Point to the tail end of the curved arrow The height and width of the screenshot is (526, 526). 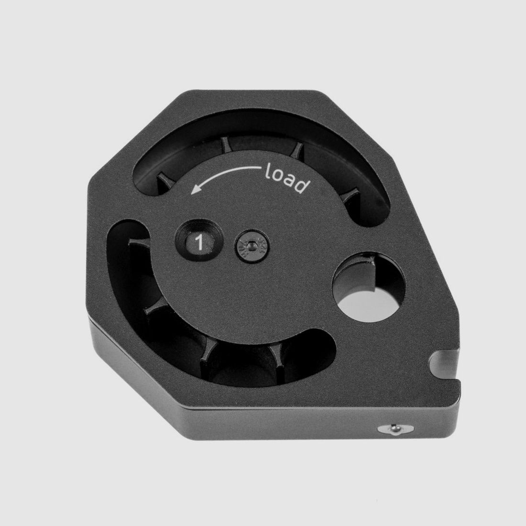tap(258, 168)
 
